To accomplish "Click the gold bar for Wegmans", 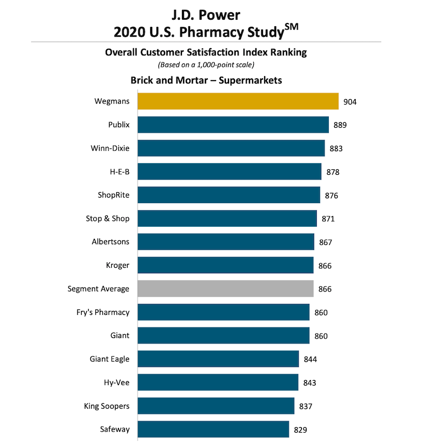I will click(237, 101).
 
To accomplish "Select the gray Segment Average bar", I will click(225, 289).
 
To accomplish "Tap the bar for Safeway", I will click(213, 429).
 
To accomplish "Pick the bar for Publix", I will click(233, 125).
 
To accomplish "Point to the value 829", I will click(300, 429).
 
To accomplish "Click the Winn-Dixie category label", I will click(110, 148).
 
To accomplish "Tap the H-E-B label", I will click(118, 172).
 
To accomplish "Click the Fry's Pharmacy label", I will click(103, 312).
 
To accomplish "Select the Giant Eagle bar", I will click(218, 359).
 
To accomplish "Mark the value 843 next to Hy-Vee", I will click(309, 383).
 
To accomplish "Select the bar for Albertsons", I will click(226, 242).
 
